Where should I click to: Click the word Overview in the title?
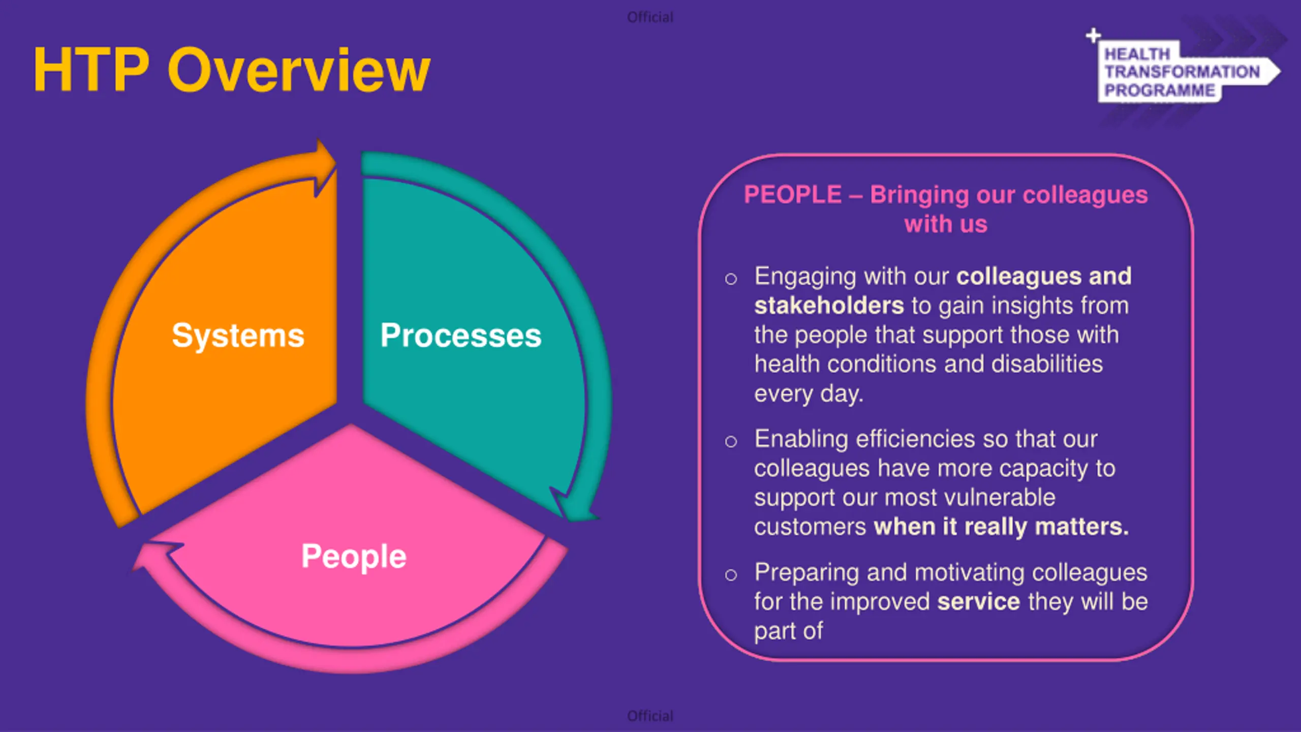[299, 70]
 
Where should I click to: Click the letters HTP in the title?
[91, 70]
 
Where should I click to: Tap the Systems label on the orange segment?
[238, 336]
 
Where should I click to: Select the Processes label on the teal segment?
[461, 336]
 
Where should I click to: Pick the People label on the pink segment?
[354, 557]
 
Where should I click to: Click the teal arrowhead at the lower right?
[573, 506]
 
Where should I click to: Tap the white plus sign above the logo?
[1093, 36]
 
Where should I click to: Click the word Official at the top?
[650, 17]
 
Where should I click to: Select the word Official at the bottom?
[650, 716]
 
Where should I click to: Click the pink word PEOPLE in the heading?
[793, 195]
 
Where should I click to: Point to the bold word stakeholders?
[829, 306]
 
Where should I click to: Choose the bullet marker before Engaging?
[731, 279]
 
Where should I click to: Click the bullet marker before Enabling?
[731, 441]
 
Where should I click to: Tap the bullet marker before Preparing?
[731, 575]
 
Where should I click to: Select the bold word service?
[979, 602]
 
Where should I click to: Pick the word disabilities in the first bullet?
[1047, 364]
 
